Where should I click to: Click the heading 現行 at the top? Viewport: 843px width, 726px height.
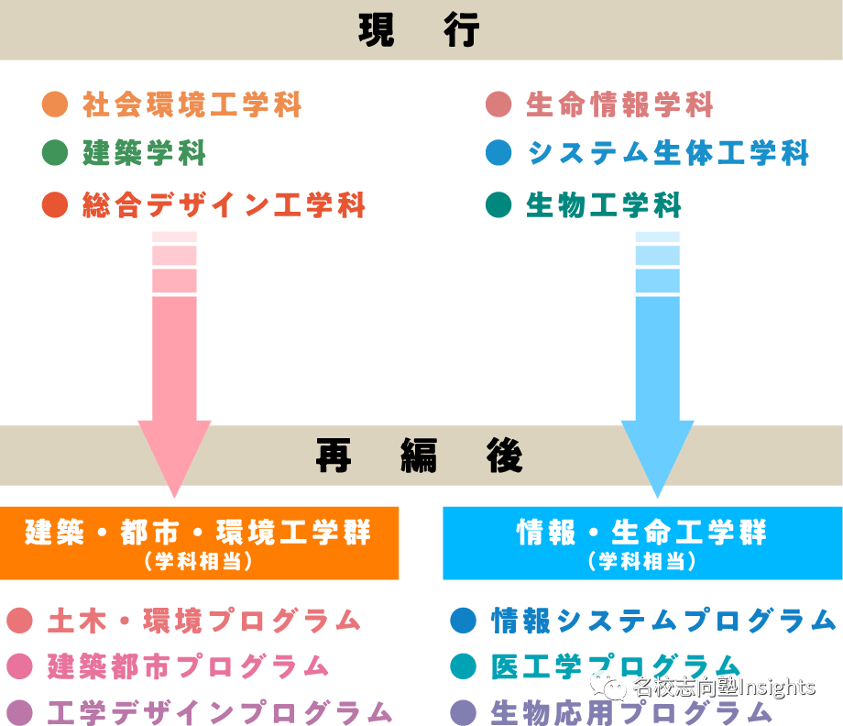click(420, 30)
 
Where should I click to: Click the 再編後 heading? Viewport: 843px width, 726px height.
click(420, 456)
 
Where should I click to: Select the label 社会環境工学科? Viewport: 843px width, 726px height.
click(192, 104)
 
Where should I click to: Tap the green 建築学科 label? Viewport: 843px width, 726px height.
click(145, 153)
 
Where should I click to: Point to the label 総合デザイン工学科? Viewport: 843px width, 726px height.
click(224, 204)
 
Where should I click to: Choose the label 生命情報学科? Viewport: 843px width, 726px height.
click(620, 104)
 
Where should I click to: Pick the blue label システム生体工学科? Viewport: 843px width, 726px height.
click(668, 153)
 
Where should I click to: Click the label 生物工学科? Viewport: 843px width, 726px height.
click(605, 204)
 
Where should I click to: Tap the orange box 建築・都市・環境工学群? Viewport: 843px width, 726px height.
click(199, 543)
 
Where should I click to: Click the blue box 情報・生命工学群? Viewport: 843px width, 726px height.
click(642, 543)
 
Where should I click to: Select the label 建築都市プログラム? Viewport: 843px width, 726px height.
click(189, 665)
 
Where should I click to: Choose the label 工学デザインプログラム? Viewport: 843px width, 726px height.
click(221, 711)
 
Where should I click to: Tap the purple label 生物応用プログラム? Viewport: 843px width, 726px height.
click(632, 711)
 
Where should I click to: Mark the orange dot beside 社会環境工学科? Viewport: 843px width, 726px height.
click(55, 104)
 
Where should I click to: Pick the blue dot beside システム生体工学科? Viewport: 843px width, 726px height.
click(498, 153)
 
